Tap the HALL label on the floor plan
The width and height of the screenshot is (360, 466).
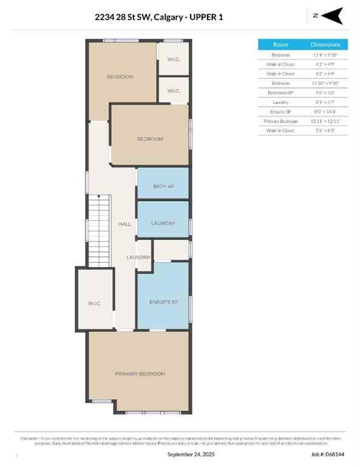[124, 225]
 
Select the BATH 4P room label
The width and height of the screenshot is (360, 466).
[163, 186]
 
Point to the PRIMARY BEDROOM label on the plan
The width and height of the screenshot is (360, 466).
[140, 374]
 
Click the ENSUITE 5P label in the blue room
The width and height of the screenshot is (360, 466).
[163, 302]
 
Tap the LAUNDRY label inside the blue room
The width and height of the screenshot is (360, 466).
[163, 223]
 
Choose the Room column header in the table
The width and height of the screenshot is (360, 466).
[280, 44]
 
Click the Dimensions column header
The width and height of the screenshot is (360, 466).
[330, 44]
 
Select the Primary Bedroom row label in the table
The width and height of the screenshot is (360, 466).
[280, 120]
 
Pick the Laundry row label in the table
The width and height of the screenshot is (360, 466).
[280, 101]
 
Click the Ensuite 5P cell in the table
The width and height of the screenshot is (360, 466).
[280, 111]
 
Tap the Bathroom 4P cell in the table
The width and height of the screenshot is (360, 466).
[280, 92]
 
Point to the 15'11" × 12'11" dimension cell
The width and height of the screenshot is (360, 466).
[330, 120]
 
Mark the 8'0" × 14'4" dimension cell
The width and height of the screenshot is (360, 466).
[330, 111]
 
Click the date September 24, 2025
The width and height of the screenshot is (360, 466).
[191, 454]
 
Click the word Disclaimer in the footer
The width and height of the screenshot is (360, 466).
[30, 437]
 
